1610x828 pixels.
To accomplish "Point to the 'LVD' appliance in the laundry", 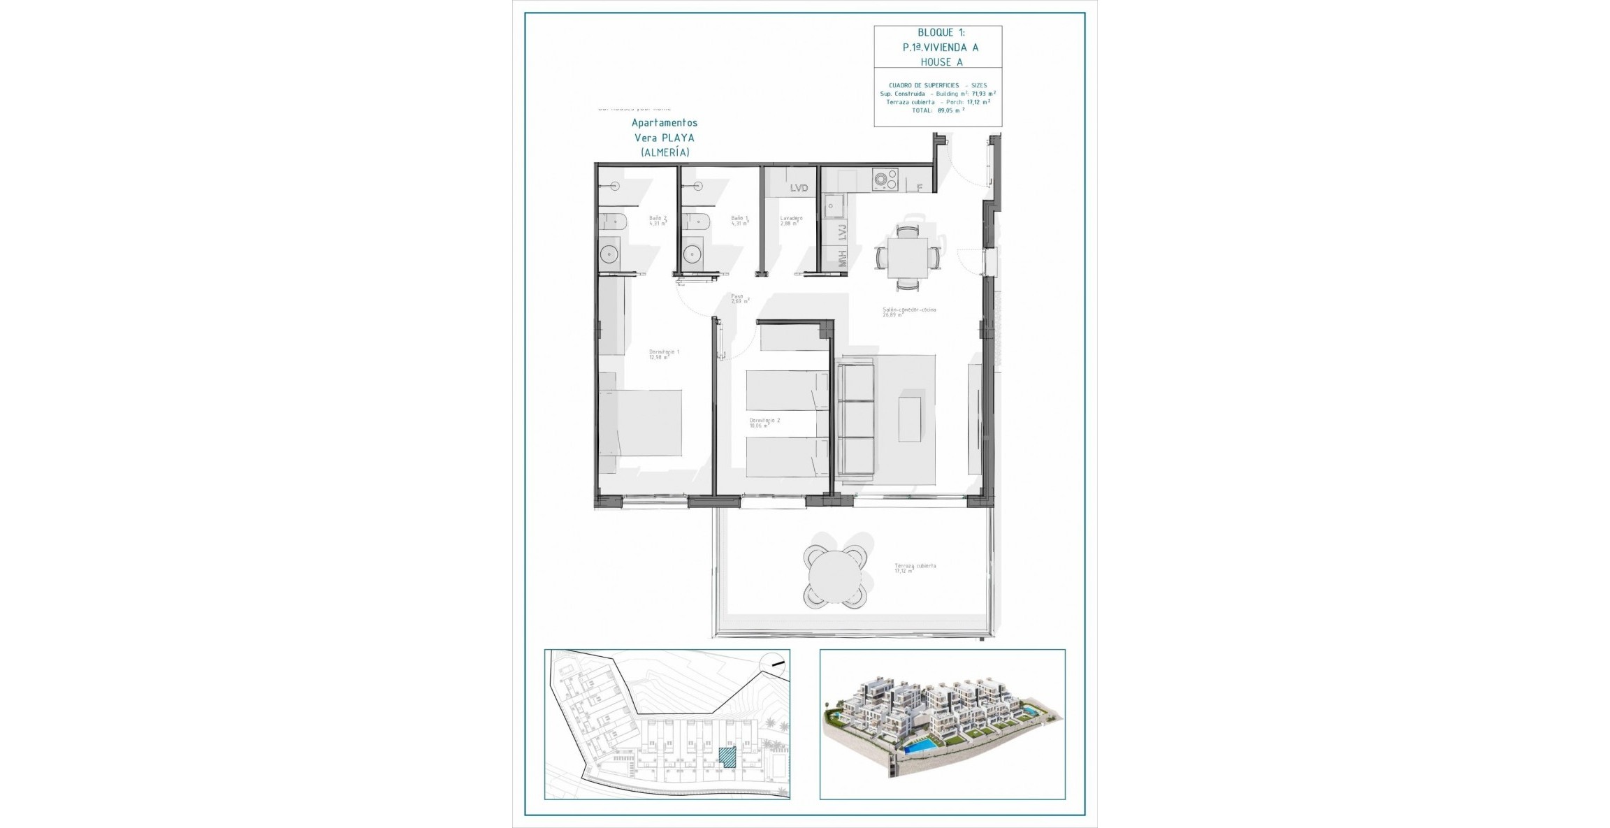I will point(799,188).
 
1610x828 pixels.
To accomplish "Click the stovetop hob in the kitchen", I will point(885,181).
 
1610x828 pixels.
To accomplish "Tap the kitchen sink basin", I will point(834,207).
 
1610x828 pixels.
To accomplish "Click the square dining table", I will point(907,258).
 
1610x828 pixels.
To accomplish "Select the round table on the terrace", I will point(834,577).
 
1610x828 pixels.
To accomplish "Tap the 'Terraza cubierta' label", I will point(915,566).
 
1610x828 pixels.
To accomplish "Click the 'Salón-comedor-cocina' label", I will point(908,310).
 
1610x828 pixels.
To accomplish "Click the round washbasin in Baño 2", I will point(119,253).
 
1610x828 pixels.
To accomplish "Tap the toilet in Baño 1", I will point(696,223).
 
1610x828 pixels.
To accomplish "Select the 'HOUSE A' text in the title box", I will point(941,62).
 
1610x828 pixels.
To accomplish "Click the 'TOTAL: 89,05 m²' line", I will point(938,110).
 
